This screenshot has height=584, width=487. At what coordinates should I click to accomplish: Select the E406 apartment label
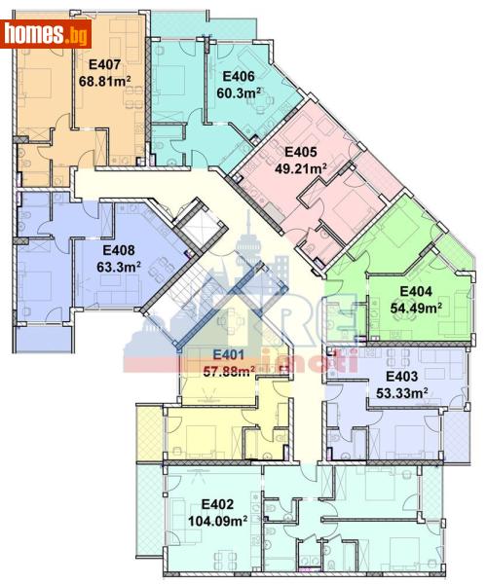point(239,77)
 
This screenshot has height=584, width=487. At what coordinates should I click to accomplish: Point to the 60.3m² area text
point(239,93)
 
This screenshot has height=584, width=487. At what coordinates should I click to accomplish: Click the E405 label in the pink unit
point(300,152)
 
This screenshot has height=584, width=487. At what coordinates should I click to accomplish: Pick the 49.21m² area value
point(300,168)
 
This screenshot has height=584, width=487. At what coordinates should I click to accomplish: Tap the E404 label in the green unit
point(416,291)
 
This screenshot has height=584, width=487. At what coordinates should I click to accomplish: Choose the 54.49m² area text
point(416,308)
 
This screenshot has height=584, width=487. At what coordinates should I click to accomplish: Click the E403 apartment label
point(402,376)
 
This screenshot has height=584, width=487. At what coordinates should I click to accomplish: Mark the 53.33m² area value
point(402,393)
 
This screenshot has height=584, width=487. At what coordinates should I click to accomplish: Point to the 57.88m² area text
point(228,370)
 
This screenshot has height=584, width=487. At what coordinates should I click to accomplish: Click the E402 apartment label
point(218,503)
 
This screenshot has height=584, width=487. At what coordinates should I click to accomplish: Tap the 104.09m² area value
point(218,521)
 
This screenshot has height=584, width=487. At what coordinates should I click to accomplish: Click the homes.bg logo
point(46,35)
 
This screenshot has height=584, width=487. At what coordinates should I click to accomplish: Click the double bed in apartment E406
point(174,73)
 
